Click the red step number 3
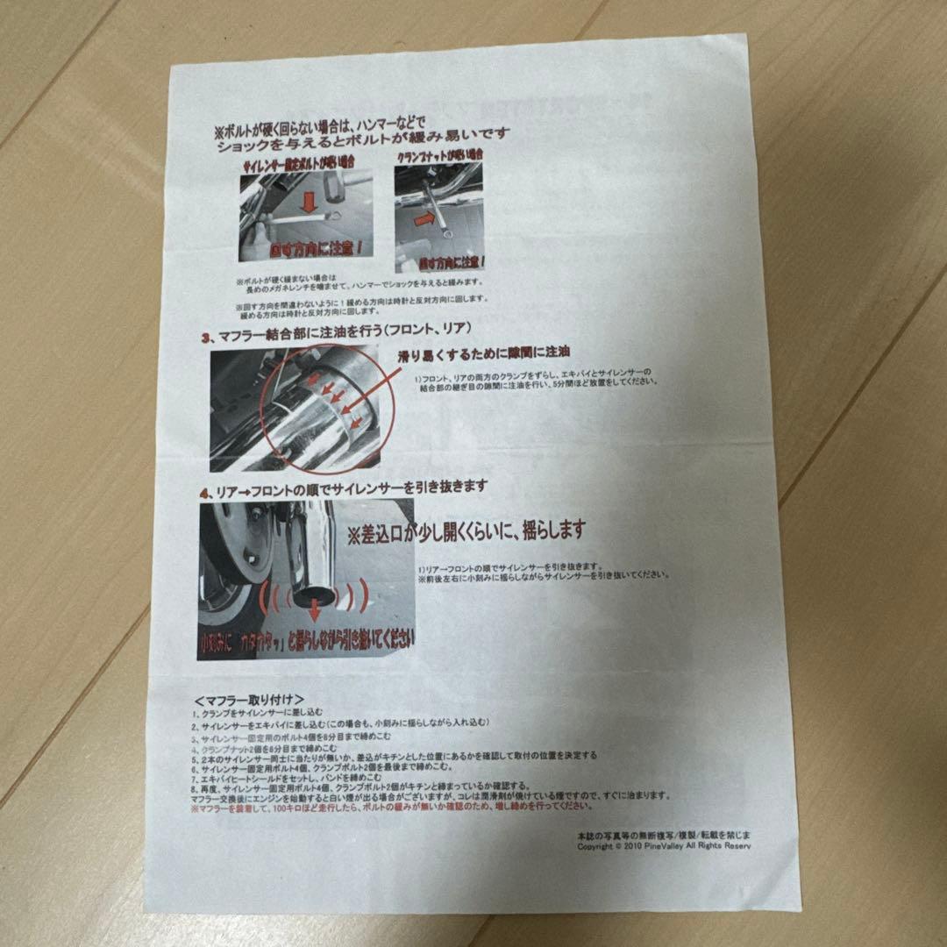tap(205, 335)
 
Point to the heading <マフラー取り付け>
tap(249, 701)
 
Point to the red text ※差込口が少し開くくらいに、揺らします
tap(466, 531)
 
